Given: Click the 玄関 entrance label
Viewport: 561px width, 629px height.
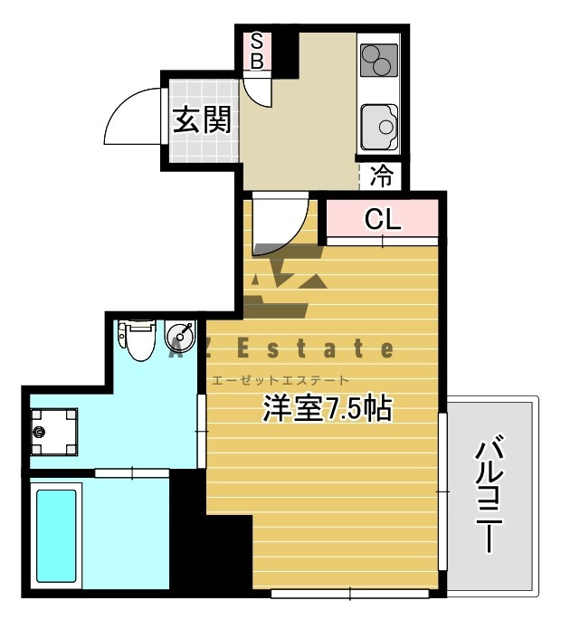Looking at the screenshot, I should (200, 120).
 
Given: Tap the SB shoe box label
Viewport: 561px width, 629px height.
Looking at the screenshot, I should (256, 51).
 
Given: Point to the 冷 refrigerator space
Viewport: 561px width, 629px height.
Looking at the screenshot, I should (382, 176).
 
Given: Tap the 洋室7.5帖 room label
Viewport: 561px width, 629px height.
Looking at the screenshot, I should (327, 409).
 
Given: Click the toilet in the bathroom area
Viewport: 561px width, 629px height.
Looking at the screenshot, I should (138, 339).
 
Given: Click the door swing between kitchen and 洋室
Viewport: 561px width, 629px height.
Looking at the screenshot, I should (279, 226).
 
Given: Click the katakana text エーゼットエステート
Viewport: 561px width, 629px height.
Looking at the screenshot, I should (279, 381).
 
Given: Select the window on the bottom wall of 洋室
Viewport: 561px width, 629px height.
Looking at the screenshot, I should (349, 594).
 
